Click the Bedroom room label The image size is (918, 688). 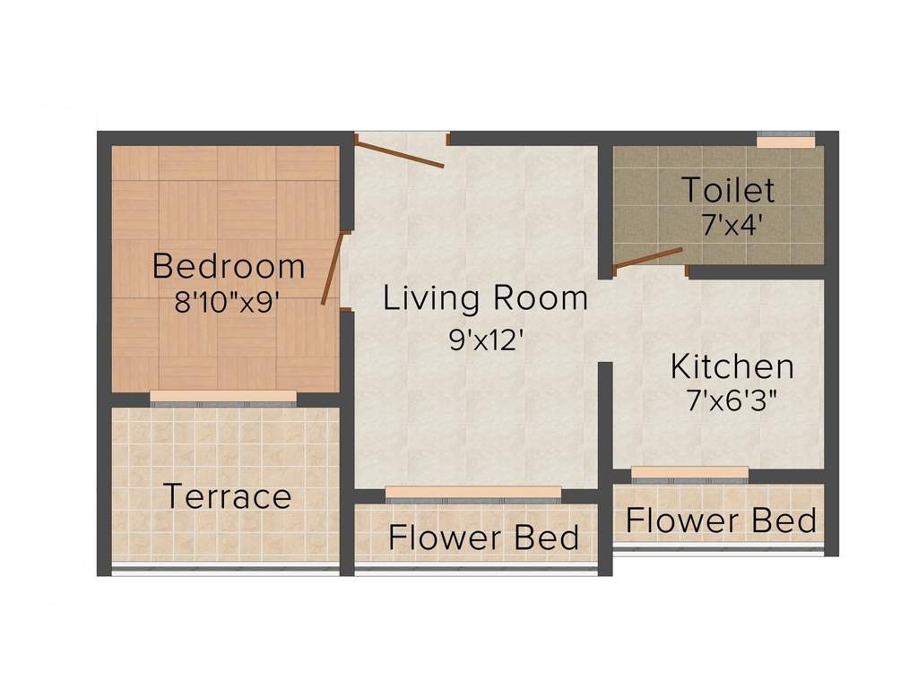[x=229, y=266]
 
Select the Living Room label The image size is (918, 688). [x=485, y=298]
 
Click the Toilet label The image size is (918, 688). [x=727, y=191]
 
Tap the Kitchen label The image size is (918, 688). [x=732, y=366]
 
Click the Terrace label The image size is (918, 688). [x=228, y=495]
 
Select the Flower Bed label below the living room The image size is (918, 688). [x=483, y=537]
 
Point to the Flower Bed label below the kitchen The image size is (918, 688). [x=721, y=520]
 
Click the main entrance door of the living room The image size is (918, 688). [x=400, y=151]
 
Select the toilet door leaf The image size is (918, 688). [x=648, y=257]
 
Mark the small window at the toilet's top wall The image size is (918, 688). [x=786, y=141]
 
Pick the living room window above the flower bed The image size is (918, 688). [x=473, y=493]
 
